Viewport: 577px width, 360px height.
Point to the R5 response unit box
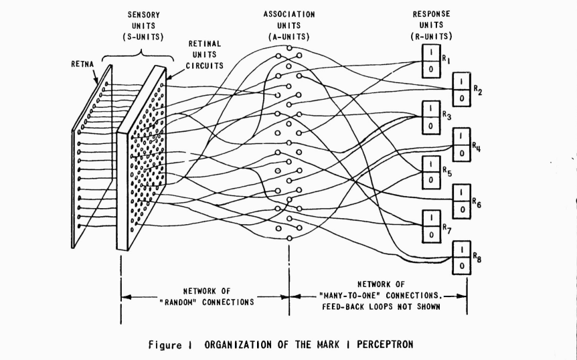[430, 171]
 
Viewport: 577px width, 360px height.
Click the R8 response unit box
[462, 257]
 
